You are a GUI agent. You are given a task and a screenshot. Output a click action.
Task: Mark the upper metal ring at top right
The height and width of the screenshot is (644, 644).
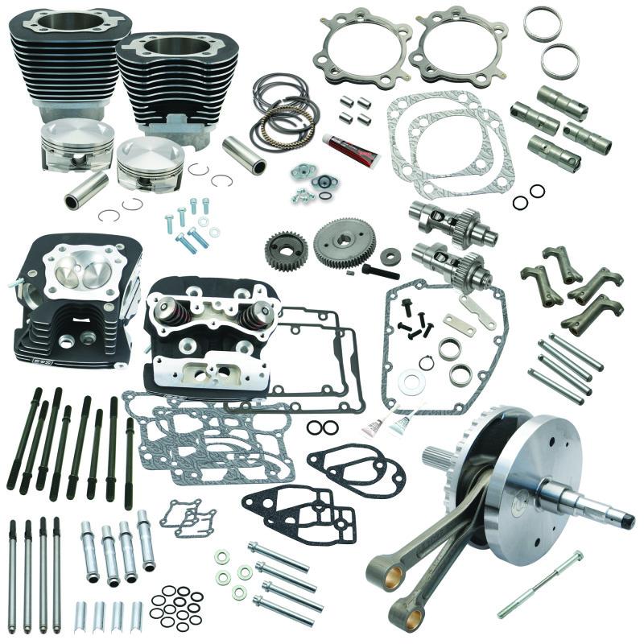(542, 24)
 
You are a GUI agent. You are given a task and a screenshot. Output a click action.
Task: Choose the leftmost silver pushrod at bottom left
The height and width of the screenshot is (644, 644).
(13, 576)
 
